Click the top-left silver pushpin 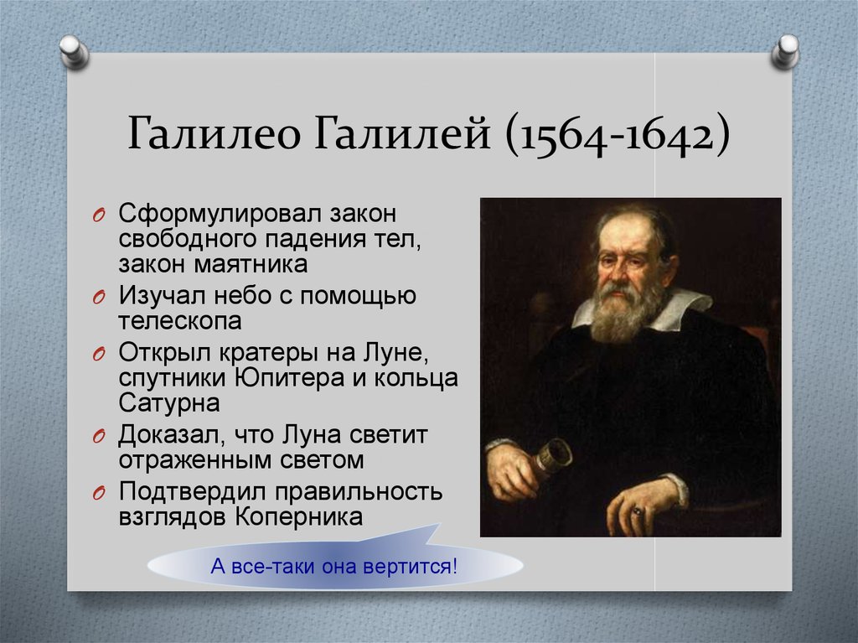(74, 52)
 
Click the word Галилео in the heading (214, 132)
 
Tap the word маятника (251, 265)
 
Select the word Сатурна (169, 403)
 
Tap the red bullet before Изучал (99, 298)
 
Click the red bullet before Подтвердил (99, 494)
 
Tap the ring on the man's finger (637, 511)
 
